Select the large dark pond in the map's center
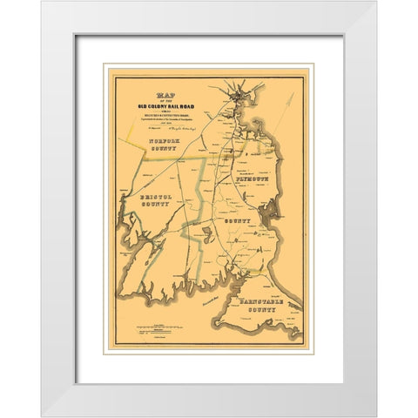206,231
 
